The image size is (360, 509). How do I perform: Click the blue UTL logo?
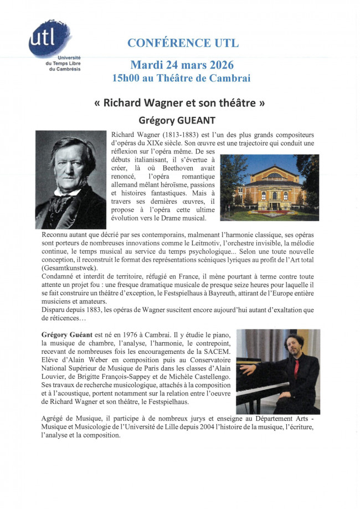point(48,38)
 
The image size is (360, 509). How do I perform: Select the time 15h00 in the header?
point(128,78)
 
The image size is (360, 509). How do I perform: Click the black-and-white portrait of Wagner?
point(71,179)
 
